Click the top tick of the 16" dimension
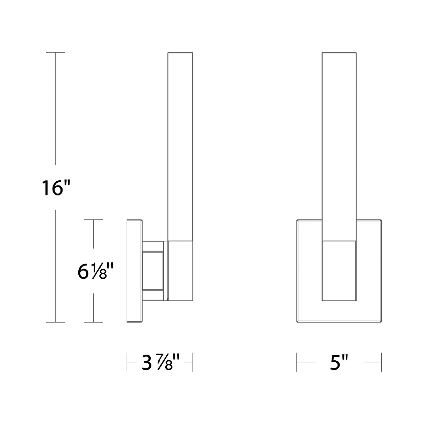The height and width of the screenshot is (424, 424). pos(55,53)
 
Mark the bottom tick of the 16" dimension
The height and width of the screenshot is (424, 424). pos(55,322)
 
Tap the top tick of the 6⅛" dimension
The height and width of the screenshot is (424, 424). pos(93,219)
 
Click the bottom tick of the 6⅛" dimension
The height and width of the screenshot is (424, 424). pos(93,322)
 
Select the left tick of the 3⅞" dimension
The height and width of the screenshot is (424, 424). pos(127,362)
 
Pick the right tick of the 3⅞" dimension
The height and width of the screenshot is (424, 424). pos(193,362)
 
